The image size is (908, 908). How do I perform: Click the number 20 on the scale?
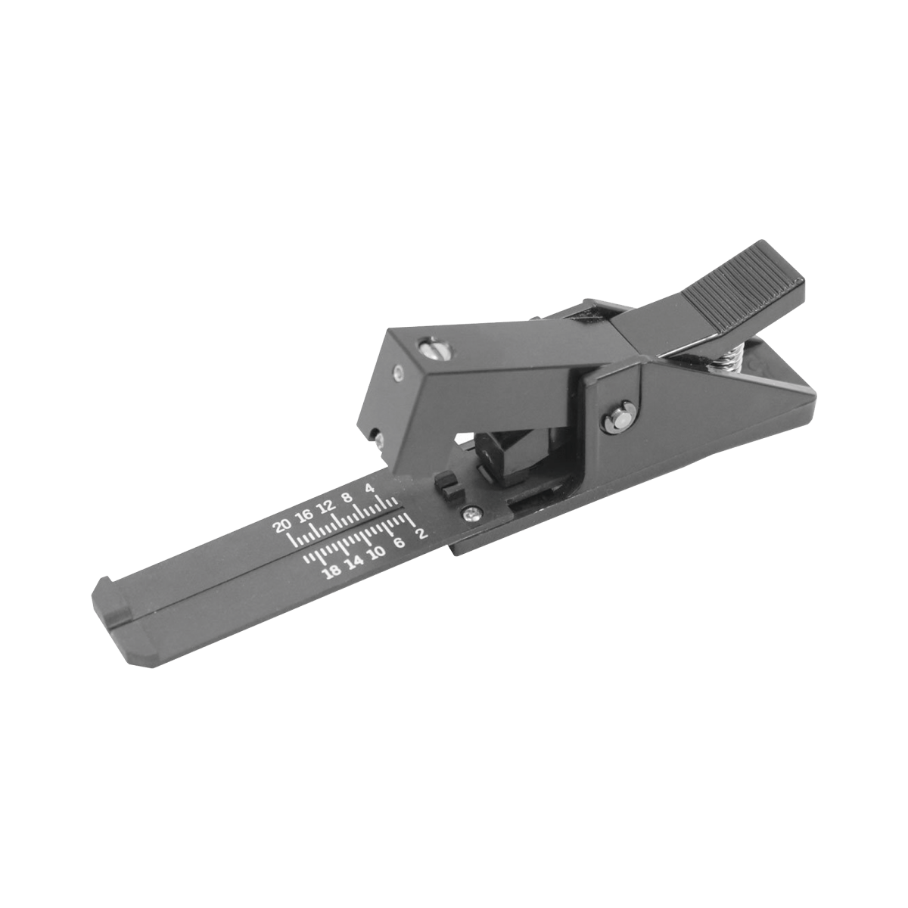click(283, 526)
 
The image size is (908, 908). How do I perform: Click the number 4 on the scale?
click(369, 488)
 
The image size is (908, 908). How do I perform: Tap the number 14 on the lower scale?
click(354, 563)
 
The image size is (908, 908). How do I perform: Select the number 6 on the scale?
click(400, 543)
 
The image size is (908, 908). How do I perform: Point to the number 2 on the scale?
click(422, 533)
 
